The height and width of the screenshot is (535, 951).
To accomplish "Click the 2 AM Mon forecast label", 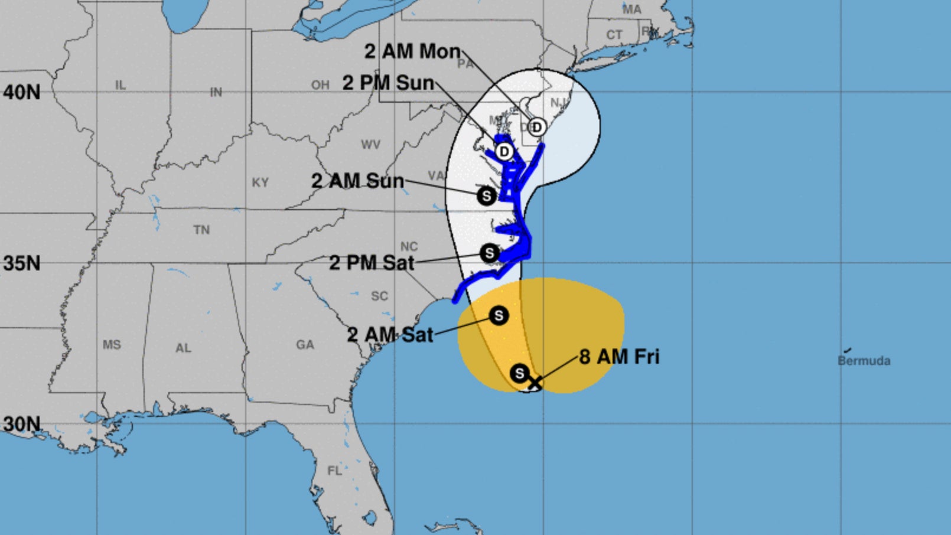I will pos(412,51).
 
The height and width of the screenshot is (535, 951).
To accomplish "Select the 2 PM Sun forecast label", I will pos(388,83).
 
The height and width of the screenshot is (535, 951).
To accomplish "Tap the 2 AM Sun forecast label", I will pos(357,181).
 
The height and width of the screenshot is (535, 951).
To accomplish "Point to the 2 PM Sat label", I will pos(372,262).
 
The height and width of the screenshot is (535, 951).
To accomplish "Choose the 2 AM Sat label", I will pos(390,335).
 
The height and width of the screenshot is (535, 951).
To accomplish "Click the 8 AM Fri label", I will pos(619,357).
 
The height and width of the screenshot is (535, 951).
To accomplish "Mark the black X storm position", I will pos(534,382).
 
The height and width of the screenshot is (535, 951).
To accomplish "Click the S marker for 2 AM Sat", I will pos(499,315).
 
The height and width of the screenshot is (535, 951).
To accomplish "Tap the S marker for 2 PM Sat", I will pos(489,253).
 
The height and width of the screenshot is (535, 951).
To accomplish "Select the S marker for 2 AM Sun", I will pos(486,195).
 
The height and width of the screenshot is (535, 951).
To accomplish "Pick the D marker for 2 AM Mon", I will pos(536,127).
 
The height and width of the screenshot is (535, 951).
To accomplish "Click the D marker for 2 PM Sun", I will pos(504,152).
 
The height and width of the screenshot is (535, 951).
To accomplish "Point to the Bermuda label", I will pos(864,360).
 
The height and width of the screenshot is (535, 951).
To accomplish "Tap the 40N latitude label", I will pos(22,92).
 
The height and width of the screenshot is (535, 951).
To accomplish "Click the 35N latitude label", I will pos(22,263).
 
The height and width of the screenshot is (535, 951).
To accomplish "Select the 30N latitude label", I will pos(22,424).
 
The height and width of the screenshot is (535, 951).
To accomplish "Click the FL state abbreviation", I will pos(335,471).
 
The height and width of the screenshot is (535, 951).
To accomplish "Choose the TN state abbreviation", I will pos(201,230).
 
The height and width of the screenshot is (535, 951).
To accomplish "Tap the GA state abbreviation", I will pos(305,344).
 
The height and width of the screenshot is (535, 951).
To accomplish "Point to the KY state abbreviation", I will pos(260,182).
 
